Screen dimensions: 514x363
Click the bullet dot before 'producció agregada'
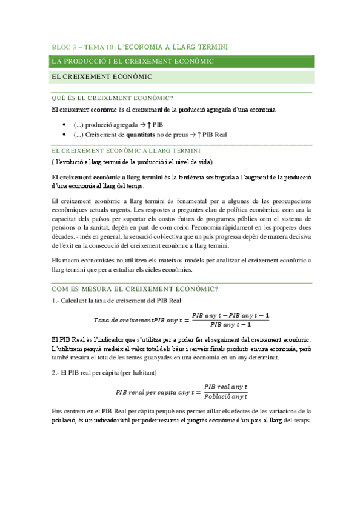pos(65,124)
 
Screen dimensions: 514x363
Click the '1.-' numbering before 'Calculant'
pos(56,301)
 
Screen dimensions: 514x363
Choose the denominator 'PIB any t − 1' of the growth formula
pos(231,325)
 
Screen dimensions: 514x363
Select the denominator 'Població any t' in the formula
pos(225,396)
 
